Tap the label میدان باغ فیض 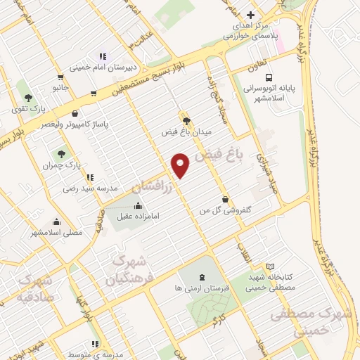(186, 131)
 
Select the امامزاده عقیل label (137, 216)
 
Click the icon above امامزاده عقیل (137, 205)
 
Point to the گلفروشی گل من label (225, 210)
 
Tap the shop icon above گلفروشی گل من (225, 199)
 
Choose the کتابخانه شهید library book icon (271, 266)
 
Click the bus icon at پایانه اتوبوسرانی (269, 77)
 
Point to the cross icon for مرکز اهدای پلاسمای (250, 15)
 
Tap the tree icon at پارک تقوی (27, 98)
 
